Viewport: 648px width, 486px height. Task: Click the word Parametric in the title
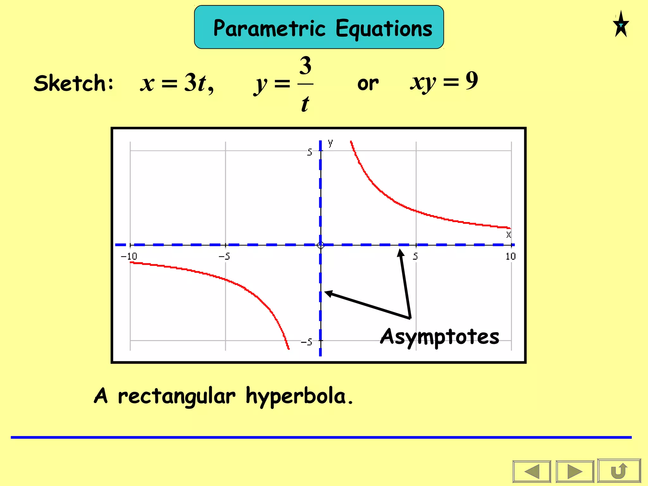click(x=269, y=28)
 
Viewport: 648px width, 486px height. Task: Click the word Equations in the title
click(x=384, y=28)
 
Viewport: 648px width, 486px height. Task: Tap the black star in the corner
click(x=621, y=25)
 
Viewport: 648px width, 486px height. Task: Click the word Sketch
click(x=73, y=83)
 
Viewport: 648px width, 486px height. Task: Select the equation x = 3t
click(x=177, y=83)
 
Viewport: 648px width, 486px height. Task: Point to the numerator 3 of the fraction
click(x=305, y=66)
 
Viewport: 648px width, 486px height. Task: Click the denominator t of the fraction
click(x=305, y=104)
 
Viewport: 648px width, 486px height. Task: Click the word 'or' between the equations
click(x=368, y=84)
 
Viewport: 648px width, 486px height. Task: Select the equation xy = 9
click(x=444, y=82)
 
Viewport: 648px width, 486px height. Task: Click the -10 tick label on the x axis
click(x=129, y=256)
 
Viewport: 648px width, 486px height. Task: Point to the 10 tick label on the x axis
click(x=510, y=256)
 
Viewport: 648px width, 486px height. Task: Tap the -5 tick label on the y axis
click(x=306, y=342)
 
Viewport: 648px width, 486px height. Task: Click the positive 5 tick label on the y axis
click(x=309, y=152)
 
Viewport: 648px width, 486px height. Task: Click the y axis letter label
click(x=330, y=143)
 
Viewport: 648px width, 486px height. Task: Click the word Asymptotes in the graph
click(x=439, y=337)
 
